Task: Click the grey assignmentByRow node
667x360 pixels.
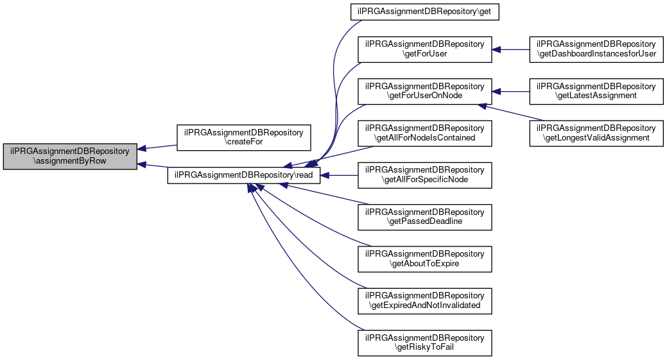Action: click(70, 156)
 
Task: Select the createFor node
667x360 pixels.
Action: click(243, 137)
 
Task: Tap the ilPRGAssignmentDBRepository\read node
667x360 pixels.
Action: click(244, 175)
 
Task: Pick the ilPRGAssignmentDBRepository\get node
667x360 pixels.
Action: click(424, 12)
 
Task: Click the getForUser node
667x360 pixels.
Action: click(424, 49)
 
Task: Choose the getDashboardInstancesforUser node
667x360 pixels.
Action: click(596, 49)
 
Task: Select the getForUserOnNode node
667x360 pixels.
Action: click(424, 91)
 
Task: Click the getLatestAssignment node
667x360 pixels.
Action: click(596, 91)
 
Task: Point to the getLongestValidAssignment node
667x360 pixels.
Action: click(596, 133)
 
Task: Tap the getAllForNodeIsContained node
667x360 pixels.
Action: click(424, 133)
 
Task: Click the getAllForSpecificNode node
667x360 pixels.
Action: click(424, 175)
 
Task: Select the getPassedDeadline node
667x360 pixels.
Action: click(424, 216)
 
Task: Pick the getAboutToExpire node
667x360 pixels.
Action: click(424, 258)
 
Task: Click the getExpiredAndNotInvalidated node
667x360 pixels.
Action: click(424, 300)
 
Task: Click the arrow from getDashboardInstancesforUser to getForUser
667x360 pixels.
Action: click(510, 49)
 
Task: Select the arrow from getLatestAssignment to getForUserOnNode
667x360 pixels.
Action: click(510, 91)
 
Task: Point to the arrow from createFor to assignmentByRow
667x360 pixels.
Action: click(157, 147)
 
